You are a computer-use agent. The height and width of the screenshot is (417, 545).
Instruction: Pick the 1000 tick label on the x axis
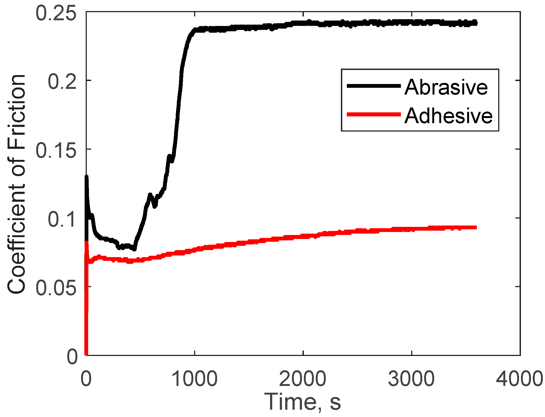[x=194, y=379]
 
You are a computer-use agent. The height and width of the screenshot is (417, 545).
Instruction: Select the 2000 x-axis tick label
[x=303, y=379]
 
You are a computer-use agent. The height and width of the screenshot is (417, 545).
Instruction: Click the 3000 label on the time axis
[x=411, y=379]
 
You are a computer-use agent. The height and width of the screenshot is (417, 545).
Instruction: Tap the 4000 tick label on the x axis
[x=520, y=379]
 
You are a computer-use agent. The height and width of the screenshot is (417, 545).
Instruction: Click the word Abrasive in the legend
[x=446, y=87]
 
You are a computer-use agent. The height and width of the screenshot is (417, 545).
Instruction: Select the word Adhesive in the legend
[x=448, y=116]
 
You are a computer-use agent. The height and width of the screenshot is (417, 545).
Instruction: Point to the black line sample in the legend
[x=374, y=86]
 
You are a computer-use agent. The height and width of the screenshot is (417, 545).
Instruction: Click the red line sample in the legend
[x=374, y=115]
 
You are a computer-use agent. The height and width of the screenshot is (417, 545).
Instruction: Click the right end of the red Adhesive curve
[x=476, y=227]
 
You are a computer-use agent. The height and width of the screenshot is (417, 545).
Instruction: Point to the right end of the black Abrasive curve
[x=476, y=23]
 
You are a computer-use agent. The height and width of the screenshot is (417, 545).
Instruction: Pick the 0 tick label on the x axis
[x=86, y=379]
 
